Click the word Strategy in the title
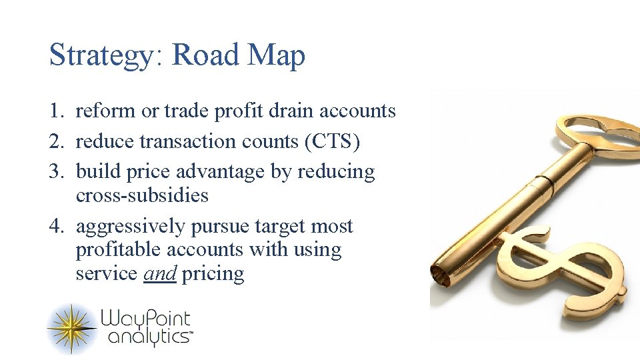point(101,55)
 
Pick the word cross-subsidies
point(142,196)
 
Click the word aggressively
point(131,227)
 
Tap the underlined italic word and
point(160,274)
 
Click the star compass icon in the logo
point(71,328)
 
